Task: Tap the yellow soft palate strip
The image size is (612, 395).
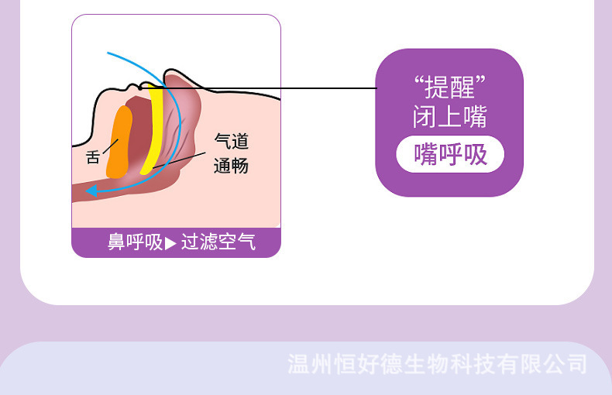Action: [156, 124]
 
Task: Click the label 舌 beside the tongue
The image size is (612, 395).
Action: [93, 156]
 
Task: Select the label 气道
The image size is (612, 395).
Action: [232, 141]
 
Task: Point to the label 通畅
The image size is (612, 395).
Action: [232, 166]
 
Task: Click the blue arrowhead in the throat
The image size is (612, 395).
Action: [91, 191]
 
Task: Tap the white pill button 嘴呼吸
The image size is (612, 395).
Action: [450, 155]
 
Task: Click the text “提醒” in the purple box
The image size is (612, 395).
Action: [450, 87]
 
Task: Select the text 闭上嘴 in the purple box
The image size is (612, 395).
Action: [450, 118]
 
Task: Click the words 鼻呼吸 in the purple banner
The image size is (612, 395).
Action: [135, 242]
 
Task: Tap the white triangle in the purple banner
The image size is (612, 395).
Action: [170, 243]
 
